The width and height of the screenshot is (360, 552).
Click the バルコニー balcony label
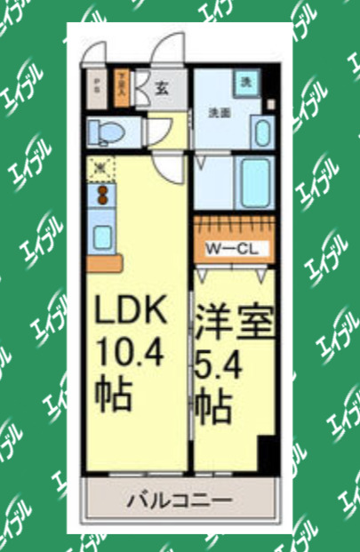click(181, 500)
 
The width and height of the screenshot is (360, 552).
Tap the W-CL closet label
click(232, 249)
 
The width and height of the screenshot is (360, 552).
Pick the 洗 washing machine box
click(245, 82)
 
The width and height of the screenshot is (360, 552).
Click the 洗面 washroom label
click(219, 113)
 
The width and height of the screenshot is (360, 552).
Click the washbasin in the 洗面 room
click(260, 132)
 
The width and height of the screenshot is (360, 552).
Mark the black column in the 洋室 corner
click(264, 453)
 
